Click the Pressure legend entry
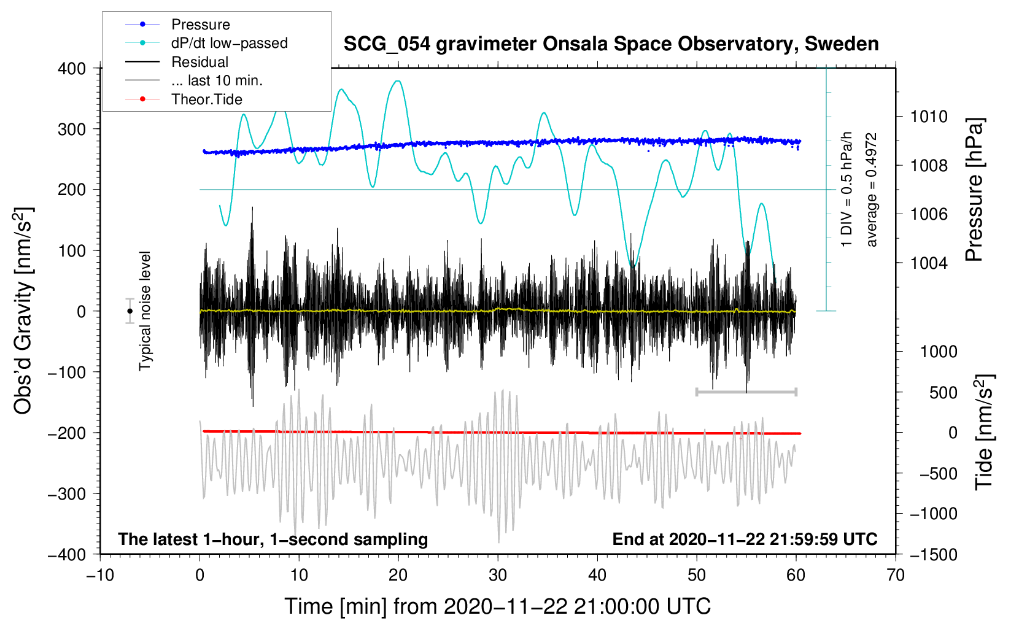pyautogui.click(x=200, y=25)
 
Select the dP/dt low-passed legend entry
pyautogui.click(x=229, y=43)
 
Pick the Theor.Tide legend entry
pyautogui.click(x=206, y=99)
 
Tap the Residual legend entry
pyautogui.click(x=200, y=62)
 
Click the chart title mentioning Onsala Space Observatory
pyautogui.click(x=611, y=44)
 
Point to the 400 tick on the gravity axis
pyautogui.click(x=72, y=69)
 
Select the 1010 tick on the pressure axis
pyautogui.click(x=929, y=117)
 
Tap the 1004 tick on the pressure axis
pyautogui.click(x=929, y=263)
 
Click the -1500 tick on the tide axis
pyautogui.click(x=934, y=554)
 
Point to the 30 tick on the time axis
pyautogui.click(x=498, y=575)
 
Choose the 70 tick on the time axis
pyautogui.click(x=896, y=575)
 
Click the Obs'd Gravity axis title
pyautogui.click(x=23, y=311)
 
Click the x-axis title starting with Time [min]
pyautogui.click(x=497, y=606)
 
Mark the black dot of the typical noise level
pyautogui.click(x=130, y=311)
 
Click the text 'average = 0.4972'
pyautogui.click(x=872, y=190)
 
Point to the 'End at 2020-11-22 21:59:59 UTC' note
pyautogui.click(x=745, y=539)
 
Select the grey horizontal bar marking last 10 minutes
pyautogui.click(x=746, y=392)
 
